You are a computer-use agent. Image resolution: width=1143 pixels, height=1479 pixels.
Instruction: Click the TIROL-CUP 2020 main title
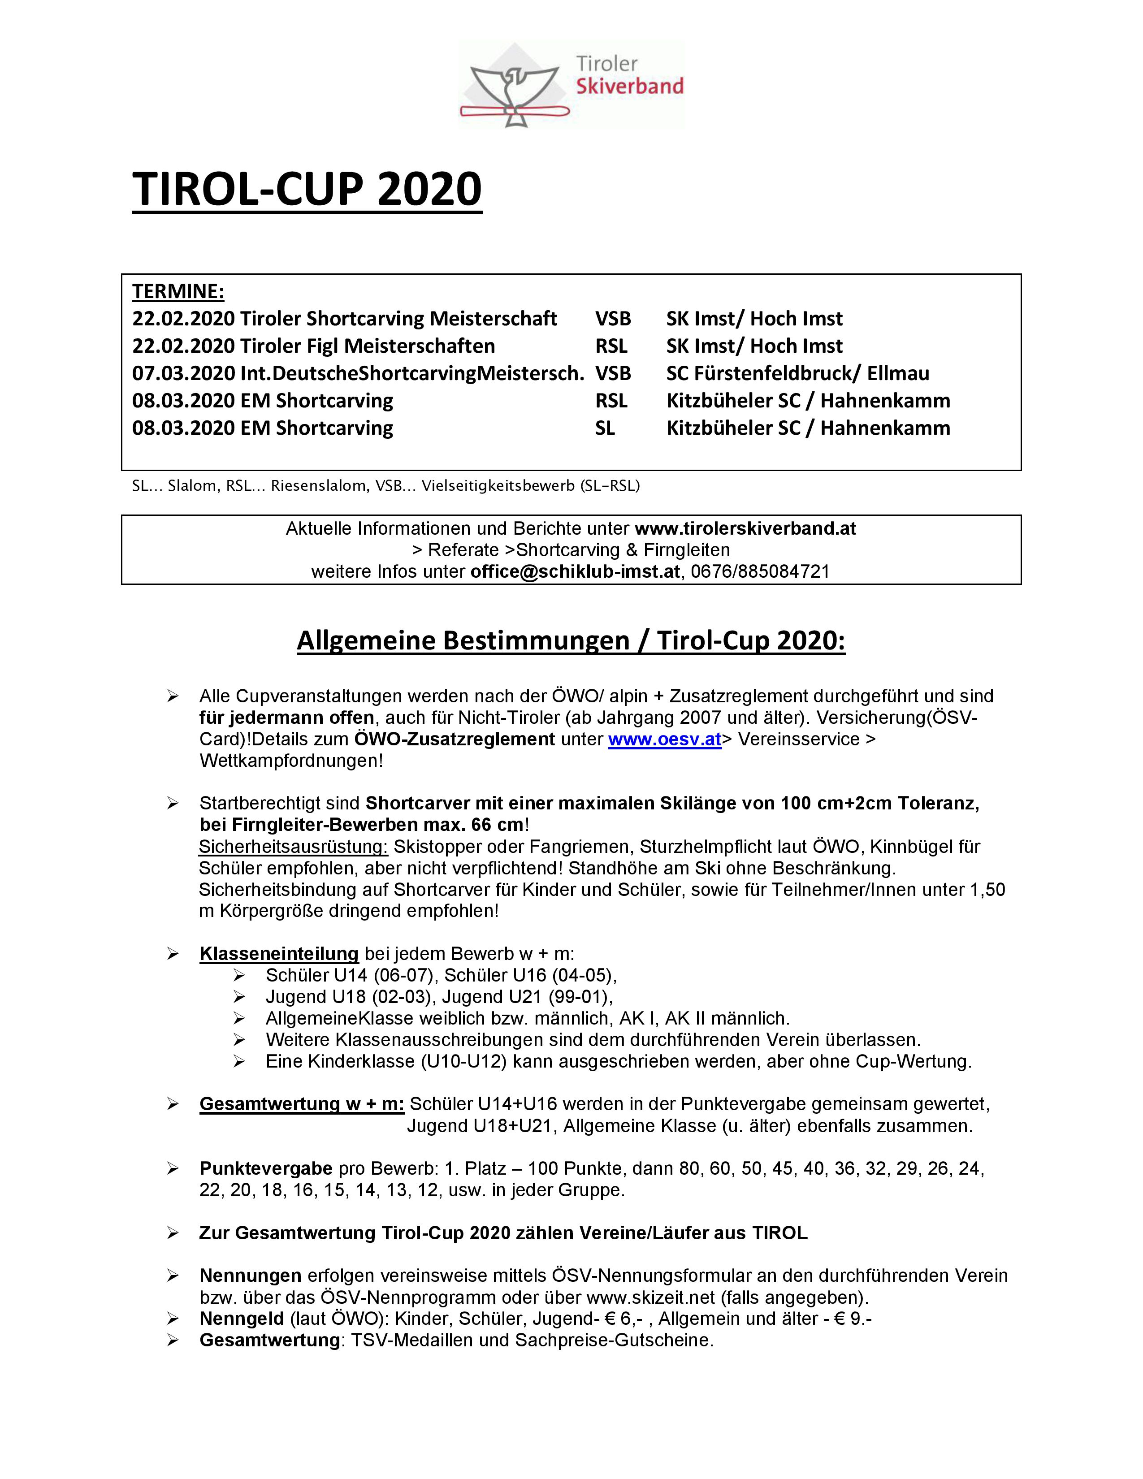point(307,189)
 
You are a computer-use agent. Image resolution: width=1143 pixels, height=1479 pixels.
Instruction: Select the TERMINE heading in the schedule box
point(178,291)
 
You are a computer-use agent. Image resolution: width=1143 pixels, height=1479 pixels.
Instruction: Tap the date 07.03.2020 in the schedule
point(183,373)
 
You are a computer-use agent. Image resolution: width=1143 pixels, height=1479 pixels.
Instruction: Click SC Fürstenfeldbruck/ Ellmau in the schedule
point(798,373)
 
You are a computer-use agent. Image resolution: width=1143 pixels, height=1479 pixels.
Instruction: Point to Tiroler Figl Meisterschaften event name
point(368,346)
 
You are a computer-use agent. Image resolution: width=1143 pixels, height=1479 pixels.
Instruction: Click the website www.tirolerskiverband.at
point(745,528)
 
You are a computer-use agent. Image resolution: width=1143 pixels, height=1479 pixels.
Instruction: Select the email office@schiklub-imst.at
point(575,571)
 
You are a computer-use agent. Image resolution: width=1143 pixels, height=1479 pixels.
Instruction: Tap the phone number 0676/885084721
point(760,571)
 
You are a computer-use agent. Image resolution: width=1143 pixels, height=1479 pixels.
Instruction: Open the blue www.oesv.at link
point(664,739)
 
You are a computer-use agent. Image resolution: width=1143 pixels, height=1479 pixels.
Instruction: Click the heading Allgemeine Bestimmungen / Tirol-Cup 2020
point(571,640)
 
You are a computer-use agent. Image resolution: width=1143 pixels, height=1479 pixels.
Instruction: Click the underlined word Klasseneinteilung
point(278,954)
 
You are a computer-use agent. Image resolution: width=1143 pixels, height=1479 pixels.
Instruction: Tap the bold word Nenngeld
point(241,1319)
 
